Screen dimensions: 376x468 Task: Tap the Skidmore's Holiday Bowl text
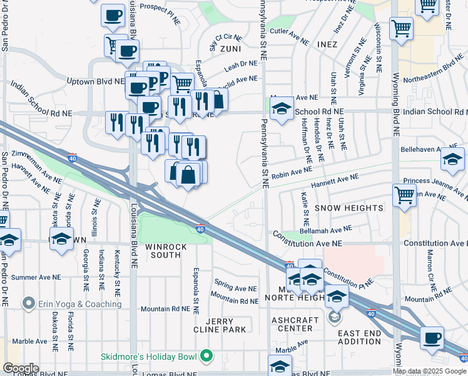coord(149,357)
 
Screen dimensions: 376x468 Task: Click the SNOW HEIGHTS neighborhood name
coord(348,207)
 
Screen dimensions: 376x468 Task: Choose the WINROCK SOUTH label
coord(166,251)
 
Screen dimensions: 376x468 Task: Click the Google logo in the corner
coord(21,368)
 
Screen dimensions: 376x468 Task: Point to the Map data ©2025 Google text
coord(430,371)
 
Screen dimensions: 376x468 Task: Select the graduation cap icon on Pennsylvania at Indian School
coord(282,109)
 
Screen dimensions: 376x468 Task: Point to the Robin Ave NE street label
coord(292,171)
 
